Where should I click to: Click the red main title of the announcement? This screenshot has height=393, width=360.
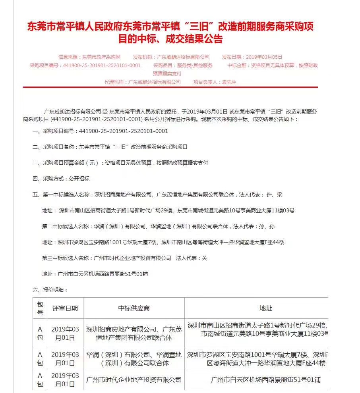pyautogui.click(x=170, y=33)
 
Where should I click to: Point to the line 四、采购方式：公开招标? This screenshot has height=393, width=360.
pyautogui.click(x=61, y=179)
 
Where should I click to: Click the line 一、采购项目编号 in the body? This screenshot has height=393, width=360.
pyautogui.click(x=100, y=131)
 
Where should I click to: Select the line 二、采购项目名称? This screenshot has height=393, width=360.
pyautogui.click(x=110, y=147)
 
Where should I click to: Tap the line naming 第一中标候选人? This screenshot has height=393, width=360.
pyautogui.click(x=157, y=195)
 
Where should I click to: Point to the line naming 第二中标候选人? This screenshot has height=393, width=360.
pyautogui.click(x=158, y=226)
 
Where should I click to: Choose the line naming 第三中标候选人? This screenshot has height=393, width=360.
pyautogui.click(x=124, y=258)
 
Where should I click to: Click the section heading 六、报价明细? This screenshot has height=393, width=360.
pyautogui.click(x=50, y=290)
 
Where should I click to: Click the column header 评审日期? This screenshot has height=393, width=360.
pyautogui.click(x=65, y=308)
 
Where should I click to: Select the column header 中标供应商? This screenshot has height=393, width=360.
pyautogui.click(x=134, y=308)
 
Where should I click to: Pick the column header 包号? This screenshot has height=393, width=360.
pyautogui.click(x=40, y=308)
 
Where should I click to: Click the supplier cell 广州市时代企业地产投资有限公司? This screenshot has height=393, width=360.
pyautogui.click(x=134, y=380)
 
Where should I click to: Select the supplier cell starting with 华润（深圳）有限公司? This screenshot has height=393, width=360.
pyautogui.click(x=134, y=358)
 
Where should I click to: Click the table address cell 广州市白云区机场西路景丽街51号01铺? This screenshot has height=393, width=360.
pyautogui.click(x=265, y=380)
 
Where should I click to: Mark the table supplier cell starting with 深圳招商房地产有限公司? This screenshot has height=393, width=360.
pyautogui.click(x=134, y=333)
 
